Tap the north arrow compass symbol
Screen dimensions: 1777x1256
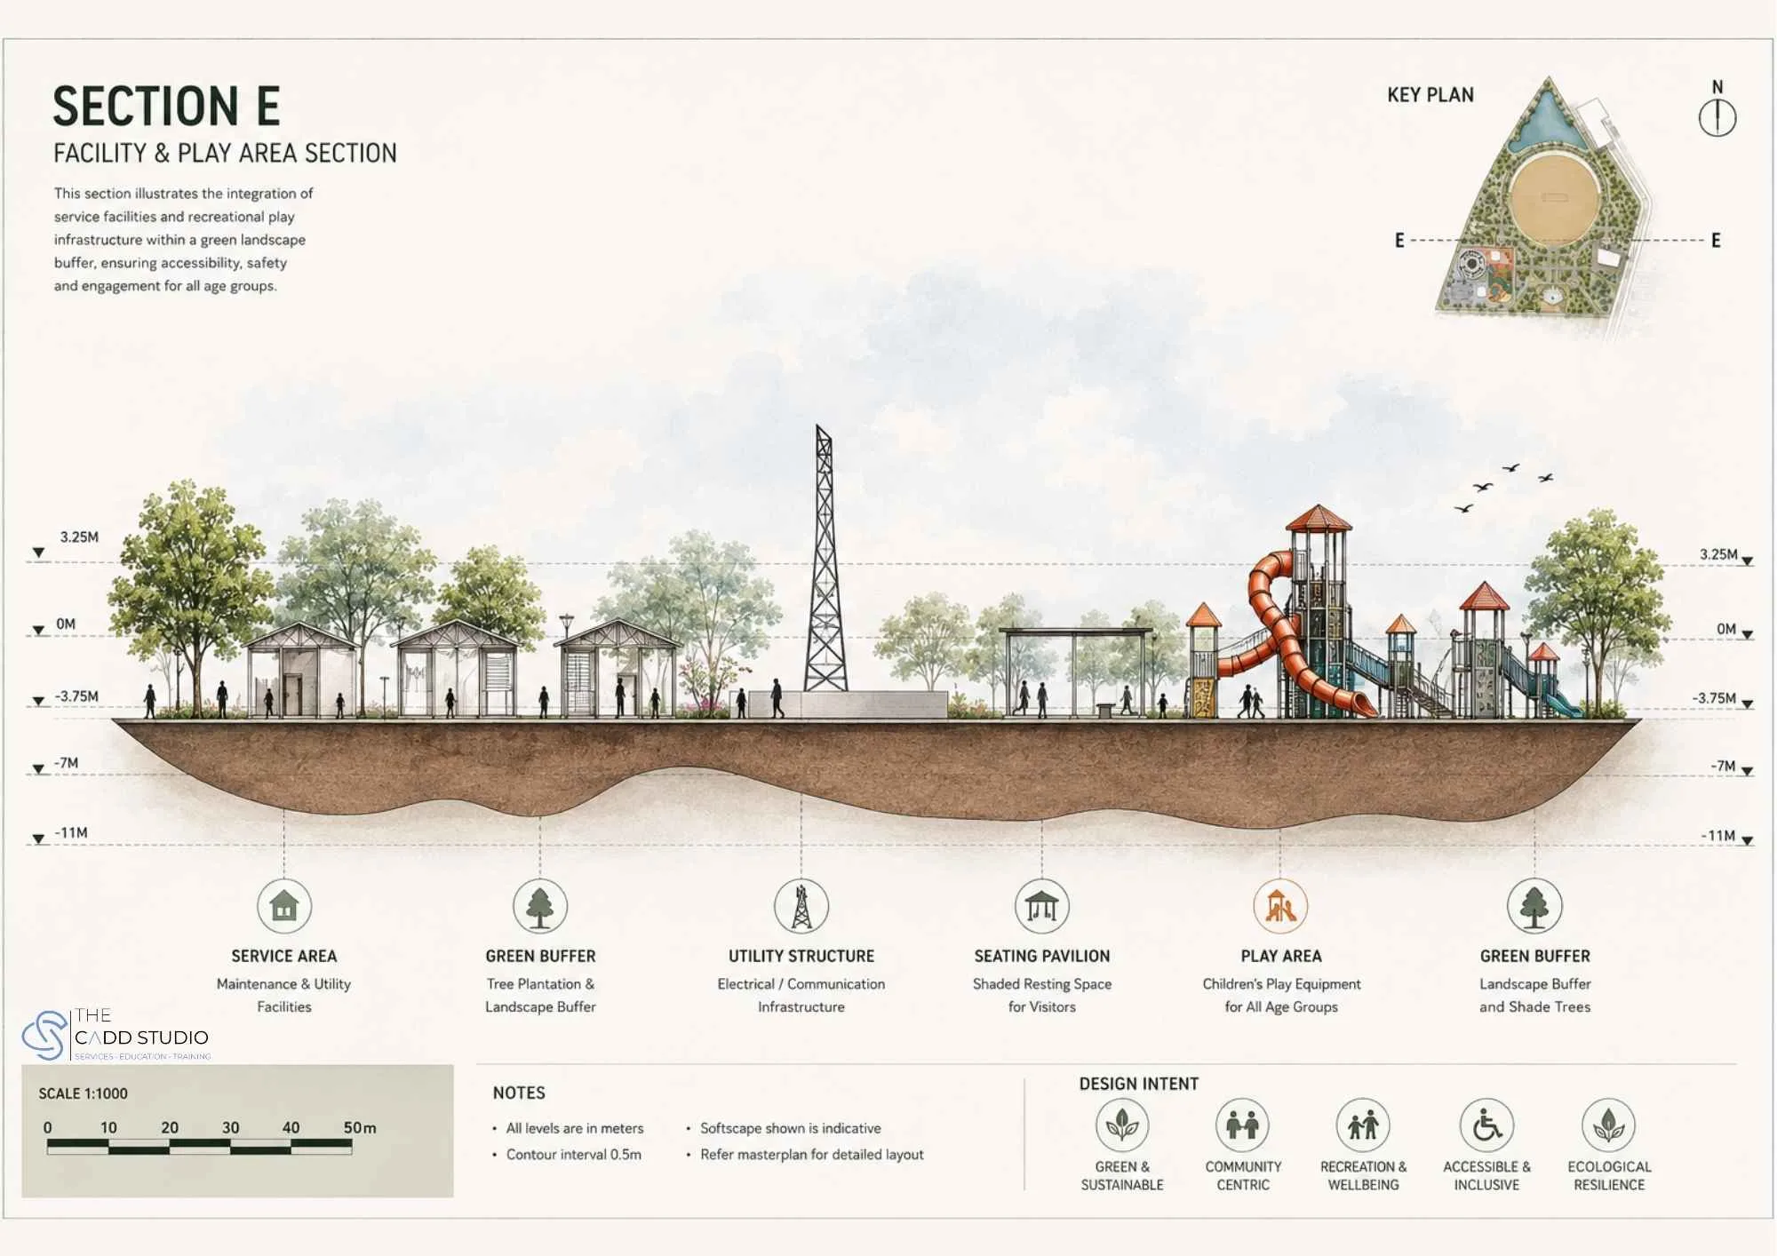point(1717,117)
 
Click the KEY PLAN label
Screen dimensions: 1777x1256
point(1430,95)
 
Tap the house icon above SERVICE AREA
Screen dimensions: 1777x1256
point(284,906)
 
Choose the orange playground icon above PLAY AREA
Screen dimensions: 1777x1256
point(1280,906)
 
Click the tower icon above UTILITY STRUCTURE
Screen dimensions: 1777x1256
point(801,906)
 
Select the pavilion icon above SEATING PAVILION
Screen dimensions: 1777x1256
point(1041,906)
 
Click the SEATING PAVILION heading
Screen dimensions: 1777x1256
point(1041,956)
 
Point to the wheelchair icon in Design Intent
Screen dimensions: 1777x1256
point(1486,1125)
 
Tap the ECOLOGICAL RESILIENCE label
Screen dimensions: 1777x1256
point(1609,1175)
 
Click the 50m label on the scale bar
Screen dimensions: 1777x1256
point(359,1127)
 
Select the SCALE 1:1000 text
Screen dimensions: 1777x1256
point(83,1093)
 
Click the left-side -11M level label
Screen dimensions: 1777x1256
point(71,833)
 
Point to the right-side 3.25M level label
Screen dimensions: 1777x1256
point(1718,554)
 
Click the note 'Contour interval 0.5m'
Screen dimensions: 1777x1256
point(573,1155)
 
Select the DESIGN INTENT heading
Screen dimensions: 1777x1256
point(1138,1084)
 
